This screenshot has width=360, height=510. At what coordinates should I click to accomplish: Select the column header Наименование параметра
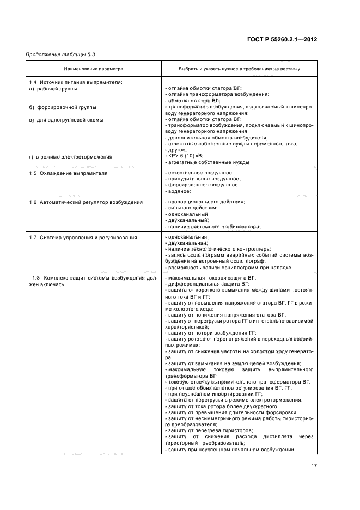tap(94, 69)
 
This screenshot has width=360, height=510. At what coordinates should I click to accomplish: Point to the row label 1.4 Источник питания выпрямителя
tap(75, 82)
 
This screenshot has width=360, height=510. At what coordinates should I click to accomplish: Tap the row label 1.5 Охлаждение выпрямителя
tap(68, 173)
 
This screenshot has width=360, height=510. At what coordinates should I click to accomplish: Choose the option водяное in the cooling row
tap(178, 191)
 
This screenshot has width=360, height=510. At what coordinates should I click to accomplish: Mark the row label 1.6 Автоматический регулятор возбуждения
tap(86, 202)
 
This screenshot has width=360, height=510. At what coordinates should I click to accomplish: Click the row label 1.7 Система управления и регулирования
tap(83, 238)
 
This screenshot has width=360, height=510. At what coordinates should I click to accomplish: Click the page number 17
tap(314, 466)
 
